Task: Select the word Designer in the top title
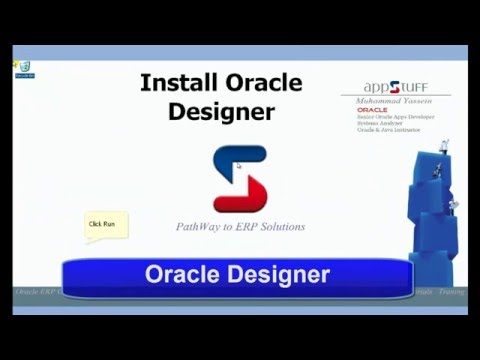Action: (x=221, y=111)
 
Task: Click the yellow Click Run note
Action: (x=103, y=224)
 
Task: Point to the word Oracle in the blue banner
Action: (x=182, y=274)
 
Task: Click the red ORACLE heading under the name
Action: (x=372, y=110)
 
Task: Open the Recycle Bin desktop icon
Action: (x=22, y=69)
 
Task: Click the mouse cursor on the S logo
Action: (x=239, y=166)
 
